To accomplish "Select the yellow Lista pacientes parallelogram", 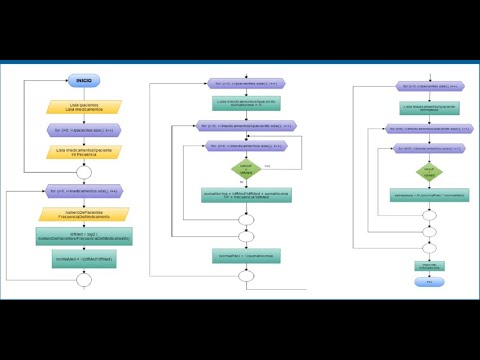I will point(83,106).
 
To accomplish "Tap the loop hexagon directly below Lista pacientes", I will point(83,129).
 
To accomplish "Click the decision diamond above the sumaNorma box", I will point(246,171).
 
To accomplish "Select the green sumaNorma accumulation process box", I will point(246,196).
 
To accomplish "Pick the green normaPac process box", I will point(246,256).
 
